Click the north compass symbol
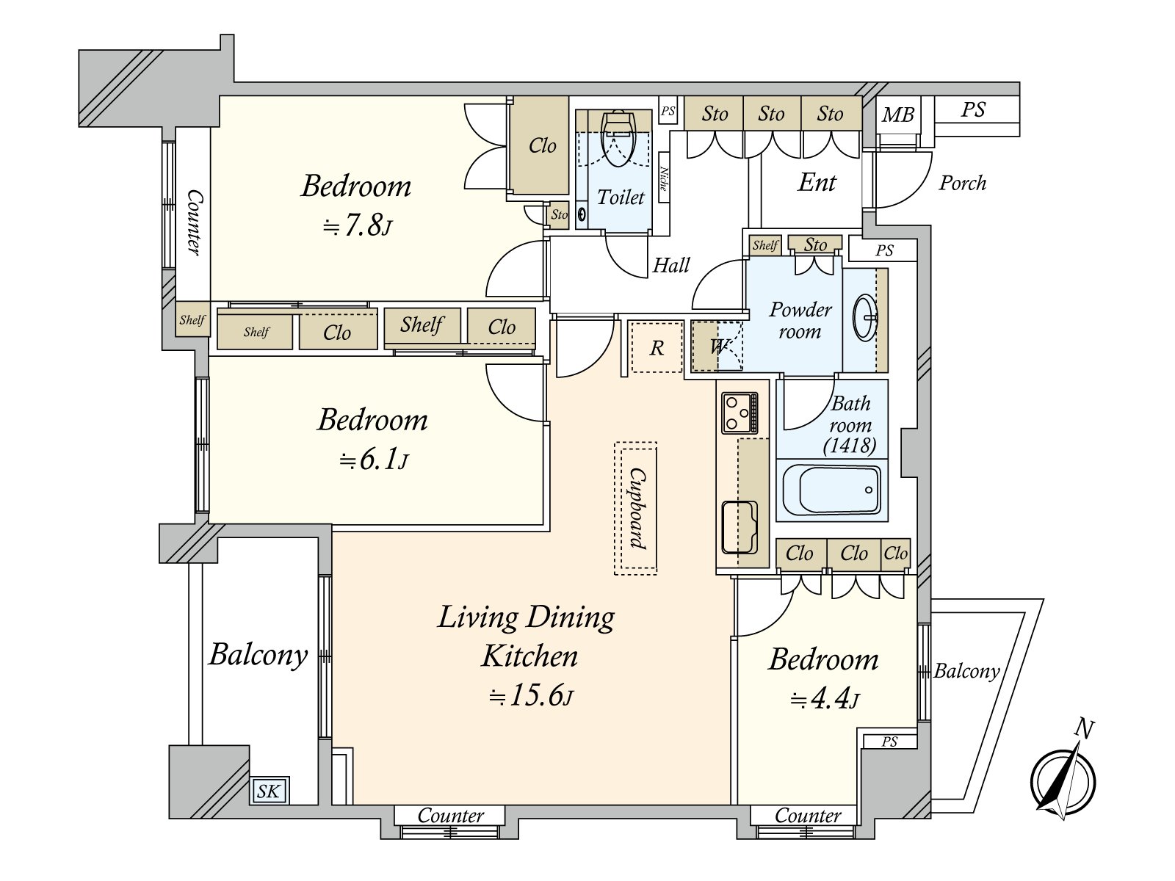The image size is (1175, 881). (1063, 781)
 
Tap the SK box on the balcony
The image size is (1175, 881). (270, 791)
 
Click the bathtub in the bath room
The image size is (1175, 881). (831, 490)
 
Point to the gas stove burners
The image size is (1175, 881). (740, 413)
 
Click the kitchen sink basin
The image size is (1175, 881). (740, 527)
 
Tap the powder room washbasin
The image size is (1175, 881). (864, 319)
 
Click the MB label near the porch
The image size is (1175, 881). (898, 115)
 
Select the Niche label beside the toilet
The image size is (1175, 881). (663, 178)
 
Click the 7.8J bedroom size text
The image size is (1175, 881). (357, 226)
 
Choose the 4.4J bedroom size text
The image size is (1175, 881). (825, 699)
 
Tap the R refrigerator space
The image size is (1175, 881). (657, 348)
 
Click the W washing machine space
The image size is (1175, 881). (717, 347)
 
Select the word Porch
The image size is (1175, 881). (962, 183)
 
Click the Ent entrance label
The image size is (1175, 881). (817, 182)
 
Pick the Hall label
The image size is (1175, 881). (671, 265)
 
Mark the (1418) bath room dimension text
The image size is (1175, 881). (850, 445)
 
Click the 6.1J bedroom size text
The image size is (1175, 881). (375, 460)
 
